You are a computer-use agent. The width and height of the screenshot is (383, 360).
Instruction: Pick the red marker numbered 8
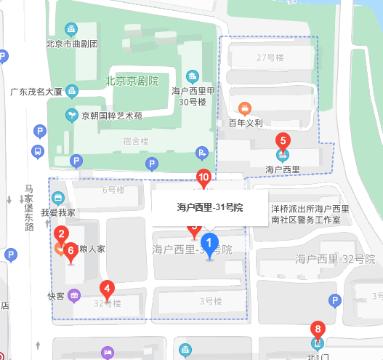click(x=317, y=328)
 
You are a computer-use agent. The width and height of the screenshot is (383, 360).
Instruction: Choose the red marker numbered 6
click(x=70, y=252)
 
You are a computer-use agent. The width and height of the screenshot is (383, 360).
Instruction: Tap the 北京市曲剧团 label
click(x=72, y=43)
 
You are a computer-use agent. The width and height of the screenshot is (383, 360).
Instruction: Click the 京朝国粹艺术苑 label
click(x=111, y=115)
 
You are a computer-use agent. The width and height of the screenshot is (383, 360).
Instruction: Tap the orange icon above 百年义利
click(x=246, y=109)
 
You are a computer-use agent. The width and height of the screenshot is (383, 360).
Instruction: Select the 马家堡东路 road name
click(x=29, y=207)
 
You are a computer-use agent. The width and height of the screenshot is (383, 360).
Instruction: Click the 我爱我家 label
click(x=58, y=213)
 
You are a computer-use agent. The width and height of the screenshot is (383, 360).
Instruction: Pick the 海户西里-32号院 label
click(x=334, y=258)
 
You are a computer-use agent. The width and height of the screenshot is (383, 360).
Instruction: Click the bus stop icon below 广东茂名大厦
click(x=36, y=152)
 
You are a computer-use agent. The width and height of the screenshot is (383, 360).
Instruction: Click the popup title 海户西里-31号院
click(x=209, y=208)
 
